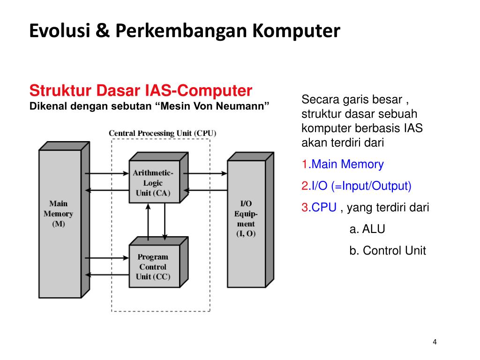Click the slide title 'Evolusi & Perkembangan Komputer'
click(184, 31)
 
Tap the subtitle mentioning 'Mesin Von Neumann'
click(150, 106)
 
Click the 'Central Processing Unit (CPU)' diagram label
click(162, 133)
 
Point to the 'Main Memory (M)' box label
click(59, 214)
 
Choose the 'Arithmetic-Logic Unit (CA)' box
click(153, 183)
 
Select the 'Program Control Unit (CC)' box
click(153, 267)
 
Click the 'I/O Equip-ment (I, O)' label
click(246, 219)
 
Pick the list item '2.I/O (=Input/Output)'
click(356, 186)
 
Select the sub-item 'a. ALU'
click(367, 229)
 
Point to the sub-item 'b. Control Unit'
click(387, 250)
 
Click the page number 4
click(435, 342)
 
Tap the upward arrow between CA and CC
click(148, 223)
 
